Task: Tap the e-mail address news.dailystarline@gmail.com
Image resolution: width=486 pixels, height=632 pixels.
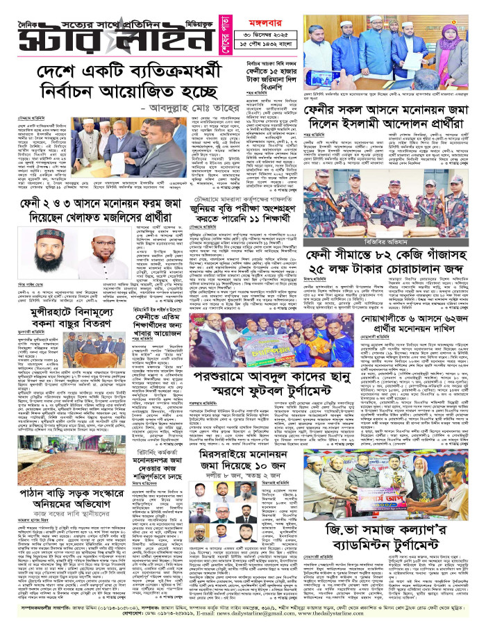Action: [292, 624]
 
